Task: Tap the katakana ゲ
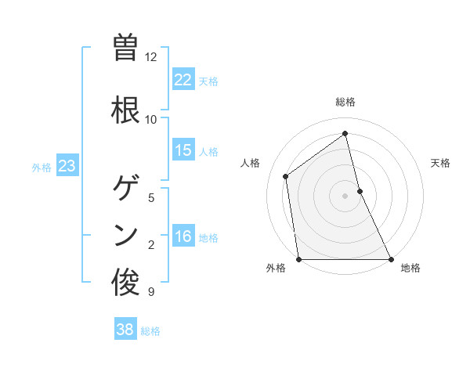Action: pos(126,188)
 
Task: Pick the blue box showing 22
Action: pos(183,80)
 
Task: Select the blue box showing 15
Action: pos(183,150)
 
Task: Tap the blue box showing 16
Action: pos(183,237)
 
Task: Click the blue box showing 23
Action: pos(67,166)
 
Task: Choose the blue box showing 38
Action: pos(125,330)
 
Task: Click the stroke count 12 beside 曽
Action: pos(151,57)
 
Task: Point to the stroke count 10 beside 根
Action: pos(151,120)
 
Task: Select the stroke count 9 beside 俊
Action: pos(151,292)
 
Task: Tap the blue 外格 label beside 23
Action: pos(42,167)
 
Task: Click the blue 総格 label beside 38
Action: pos(150,331)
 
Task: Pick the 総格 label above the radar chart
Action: pos(345,102)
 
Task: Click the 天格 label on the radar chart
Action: pos(440,163)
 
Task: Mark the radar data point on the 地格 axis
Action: pos(391,258)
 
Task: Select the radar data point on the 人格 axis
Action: pos(286,176)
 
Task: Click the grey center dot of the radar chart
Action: pos(345,196)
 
